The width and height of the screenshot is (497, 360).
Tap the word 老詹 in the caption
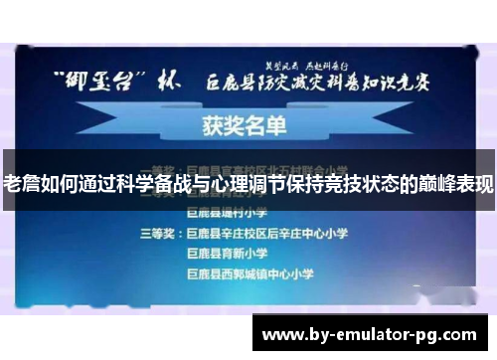[23, 183]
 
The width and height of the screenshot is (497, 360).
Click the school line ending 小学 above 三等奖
[225, 212]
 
